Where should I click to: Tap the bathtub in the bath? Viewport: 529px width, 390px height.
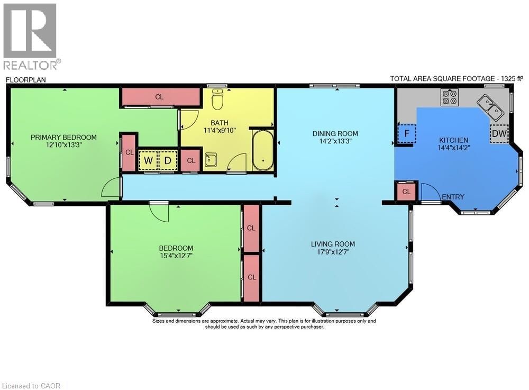click(263, 151)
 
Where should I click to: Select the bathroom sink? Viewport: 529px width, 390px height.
click(211, 160)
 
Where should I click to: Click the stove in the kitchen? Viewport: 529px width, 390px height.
click(450, 97)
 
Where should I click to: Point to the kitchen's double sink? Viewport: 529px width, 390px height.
click(491, 107)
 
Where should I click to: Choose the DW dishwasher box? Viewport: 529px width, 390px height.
click(499, 134)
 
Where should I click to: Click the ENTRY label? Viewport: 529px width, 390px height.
click(453, 197)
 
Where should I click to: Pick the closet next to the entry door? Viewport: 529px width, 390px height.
click(407, 192)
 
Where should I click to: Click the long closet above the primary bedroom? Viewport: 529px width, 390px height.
click(159, 97)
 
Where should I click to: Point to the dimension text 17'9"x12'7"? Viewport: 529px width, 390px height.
click(333, 252)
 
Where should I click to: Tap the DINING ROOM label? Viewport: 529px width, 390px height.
click(335, 133)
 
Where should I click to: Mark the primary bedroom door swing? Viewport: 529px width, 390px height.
click(112, 189)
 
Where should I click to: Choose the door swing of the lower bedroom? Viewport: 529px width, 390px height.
click(159, 213)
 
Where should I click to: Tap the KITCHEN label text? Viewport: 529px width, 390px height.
click(453, 140)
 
